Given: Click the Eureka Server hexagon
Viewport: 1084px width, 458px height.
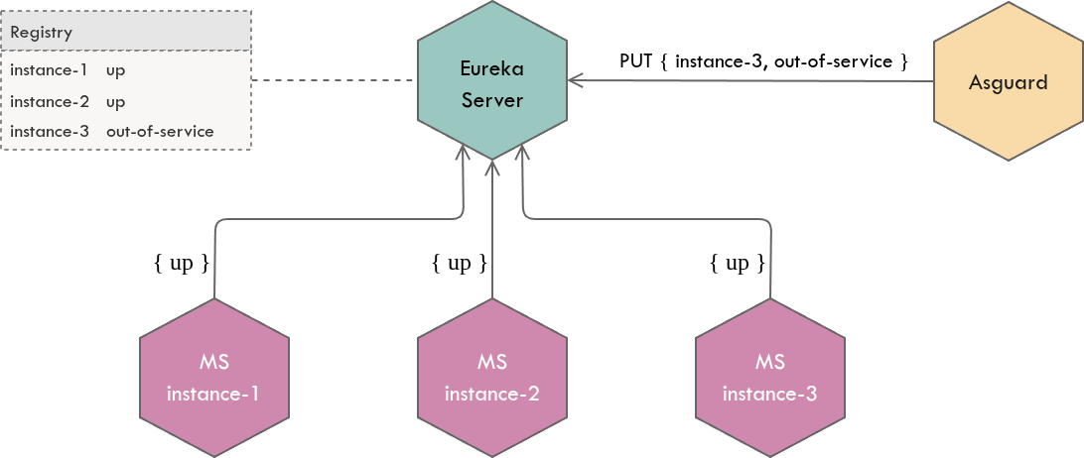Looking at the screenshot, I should [492, 83].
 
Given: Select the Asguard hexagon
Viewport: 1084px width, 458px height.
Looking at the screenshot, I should [1008, 83].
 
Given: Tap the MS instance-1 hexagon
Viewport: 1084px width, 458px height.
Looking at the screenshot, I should [213, 377].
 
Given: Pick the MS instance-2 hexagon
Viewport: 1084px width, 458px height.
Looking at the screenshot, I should [492, 377].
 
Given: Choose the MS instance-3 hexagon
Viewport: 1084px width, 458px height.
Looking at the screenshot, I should [769, 377].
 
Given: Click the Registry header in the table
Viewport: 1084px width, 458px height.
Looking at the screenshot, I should [42, 33].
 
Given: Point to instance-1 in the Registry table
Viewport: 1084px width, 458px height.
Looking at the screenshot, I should [49, 71].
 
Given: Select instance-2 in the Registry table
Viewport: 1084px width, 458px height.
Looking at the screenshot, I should [49, 101].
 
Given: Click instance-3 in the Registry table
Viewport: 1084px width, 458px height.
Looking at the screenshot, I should [49, 131].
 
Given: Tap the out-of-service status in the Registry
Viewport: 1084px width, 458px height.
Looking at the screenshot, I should [160, 131].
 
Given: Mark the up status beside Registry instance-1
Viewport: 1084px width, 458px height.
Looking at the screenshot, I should [115, 71].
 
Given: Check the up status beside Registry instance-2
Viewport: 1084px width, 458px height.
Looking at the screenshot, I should [115, 101].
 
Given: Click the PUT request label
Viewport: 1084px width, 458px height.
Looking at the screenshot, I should [763, 60].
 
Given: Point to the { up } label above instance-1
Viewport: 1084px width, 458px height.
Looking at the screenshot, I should [182, 263].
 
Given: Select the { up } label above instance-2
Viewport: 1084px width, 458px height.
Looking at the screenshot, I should [460, 263].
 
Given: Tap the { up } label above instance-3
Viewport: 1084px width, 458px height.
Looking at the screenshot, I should [738, 263].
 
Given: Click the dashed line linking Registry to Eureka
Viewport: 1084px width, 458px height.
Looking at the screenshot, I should [334, 80].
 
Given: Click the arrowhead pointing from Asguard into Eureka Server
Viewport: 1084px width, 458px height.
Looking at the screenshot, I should [576, 81].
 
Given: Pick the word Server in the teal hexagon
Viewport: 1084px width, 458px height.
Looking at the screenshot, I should [492, 100].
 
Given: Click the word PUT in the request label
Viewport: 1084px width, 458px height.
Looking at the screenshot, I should [635, 60].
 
